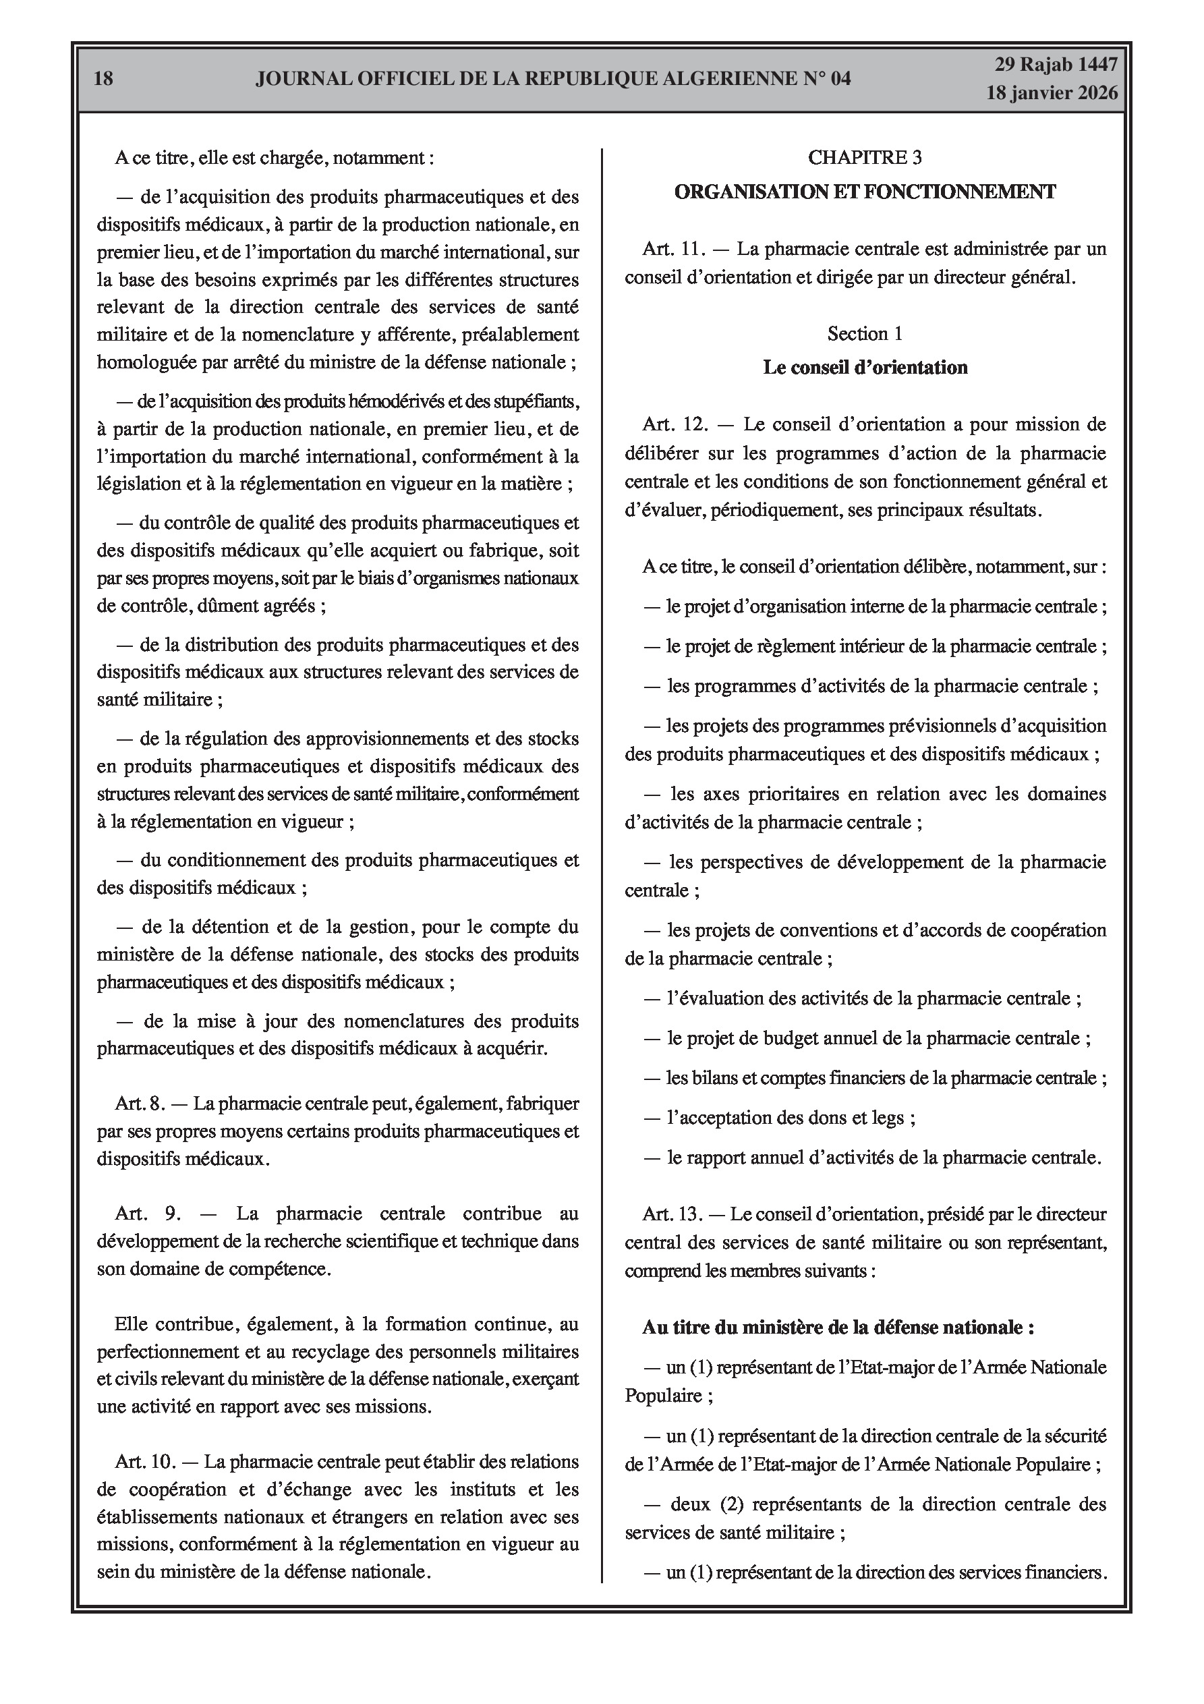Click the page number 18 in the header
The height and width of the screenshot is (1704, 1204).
[104, 78]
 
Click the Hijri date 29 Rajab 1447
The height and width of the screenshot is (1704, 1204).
[1056, 65]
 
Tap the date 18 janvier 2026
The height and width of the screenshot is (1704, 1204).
[1051, 93]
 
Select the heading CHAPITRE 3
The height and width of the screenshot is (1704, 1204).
[865, 157]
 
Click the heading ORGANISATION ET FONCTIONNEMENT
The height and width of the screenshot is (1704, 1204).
[865, 192]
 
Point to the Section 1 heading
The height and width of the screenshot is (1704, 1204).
[865, 334]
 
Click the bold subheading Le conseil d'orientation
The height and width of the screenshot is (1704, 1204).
[865, 368]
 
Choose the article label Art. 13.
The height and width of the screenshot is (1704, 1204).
[672, 1215]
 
